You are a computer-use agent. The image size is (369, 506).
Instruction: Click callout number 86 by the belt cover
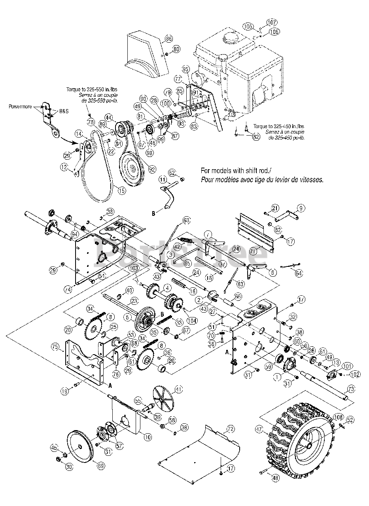(169, 39)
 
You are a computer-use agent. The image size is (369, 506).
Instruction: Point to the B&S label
(63, 111)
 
